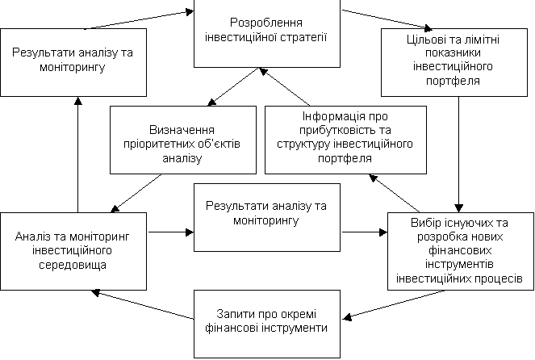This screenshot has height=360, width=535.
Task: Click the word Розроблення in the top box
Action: [x=266, y=23]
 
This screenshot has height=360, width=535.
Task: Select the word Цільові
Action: [x=424, y=40]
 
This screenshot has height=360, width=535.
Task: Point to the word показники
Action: [x=453, y=53]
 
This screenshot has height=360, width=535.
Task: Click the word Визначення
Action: [x=182, y=130]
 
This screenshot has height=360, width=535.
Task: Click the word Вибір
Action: [x=424, y=223]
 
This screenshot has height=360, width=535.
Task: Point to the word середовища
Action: [x=73, y=265]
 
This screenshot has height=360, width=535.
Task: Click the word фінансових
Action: [x=460, y=251]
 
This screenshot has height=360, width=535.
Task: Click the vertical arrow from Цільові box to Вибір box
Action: [x=458, y=154]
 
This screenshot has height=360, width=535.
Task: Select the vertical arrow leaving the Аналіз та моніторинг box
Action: [x=78, y=155]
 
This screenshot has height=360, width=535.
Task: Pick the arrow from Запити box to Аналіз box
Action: [x=142, y=305]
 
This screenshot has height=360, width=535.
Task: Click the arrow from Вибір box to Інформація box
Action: [x=395, y=193]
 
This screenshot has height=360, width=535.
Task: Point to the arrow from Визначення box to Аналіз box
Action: [x=136, y=193]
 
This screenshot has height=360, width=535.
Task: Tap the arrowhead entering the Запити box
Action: [x=347, y=317]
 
